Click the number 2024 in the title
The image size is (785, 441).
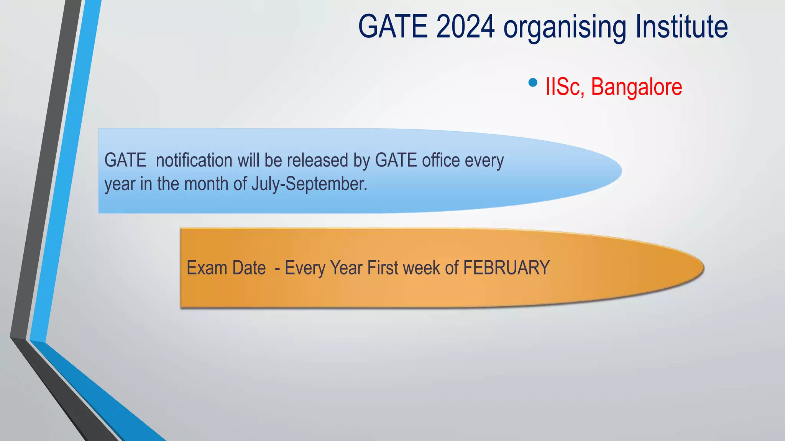point(465,27)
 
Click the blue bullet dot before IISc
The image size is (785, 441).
point(532,82)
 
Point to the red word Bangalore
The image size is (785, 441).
point(636,87)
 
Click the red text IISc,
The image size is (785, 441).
point(565,87)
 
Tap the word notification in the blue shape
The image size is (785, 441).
point(194,160)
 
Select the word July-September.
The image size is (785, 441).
point(309,184)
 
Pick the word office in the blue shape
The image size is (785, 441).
point(441,160)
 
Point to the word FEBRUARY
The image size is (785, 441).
point(506,268)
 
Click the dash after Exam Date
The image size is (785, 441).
point(277,268)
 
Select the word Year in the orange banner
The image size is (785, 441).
point(346,268)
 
